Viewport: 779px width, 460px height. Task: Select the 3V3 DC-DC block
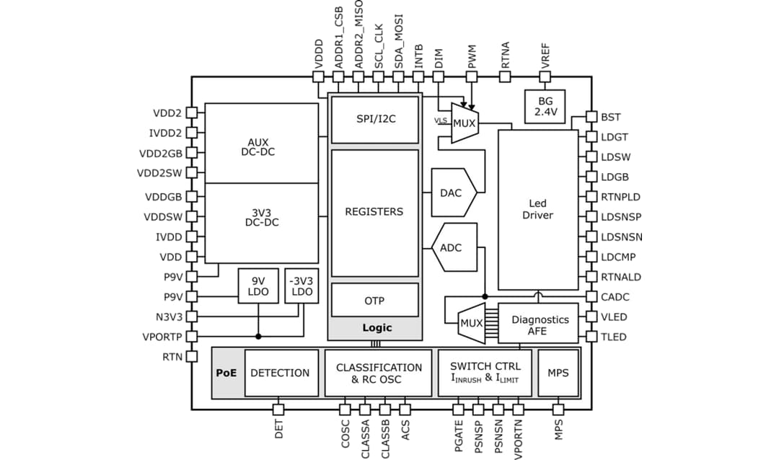coord(261,223)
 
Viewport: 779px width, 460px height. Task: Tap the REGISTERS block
coord(374,213)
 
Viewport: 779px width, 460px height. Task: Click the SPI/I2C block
coord(374,120)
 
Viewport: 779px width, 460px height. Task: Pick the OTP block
coord(374,300)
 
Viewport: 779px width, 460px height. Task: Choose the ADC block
coord(452,248)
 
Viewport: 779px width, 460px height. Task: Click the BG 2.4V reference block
coord(544,107)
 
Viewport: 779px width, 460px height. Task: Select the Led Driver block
coord(538,210)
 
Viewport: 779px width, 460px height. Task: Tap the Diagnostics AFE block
coord(540,324)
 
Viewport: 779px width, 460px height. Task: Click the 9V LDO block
coord(258,286)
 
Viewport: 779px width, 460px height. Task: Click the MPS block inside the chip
coord(558,373)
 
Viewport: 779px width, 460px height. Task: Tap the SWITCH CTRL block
coord(485,373)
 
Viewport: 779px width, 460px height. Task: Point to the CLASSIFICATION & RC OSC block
coord(379,373)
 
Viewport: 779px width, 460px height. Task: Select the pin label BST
coord(610,117)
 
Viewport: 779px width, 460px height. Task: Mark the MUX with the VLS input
coord(464,123)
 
